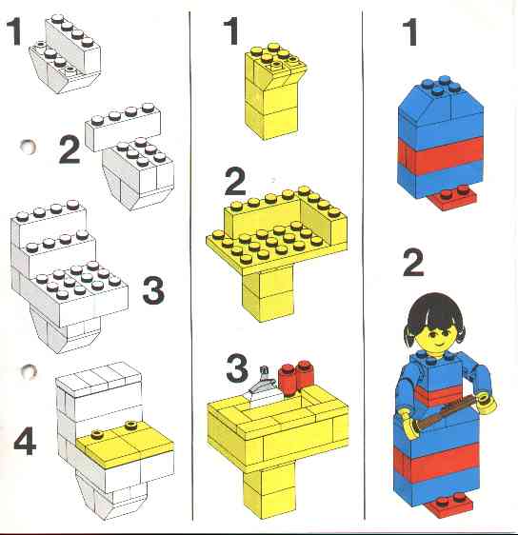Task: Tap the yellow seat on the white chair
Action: click(125, 441)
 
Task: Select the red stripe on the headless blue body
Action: click(441, 151)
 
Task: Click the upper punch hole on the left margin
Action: click(28, 147)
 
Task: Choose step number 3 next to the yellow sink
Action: click(237, 368)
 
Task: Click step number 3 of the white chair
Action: click(153, 290)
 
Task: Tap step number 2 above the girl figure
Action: click(413, 263)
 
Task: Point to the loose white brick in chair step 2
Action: click(123, 127)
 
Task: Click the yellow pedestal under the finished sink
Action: click(269, 495)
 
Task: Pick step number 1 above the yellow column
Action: click(231, 31)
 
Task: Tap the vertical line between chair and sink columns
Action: click(191, 267)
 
